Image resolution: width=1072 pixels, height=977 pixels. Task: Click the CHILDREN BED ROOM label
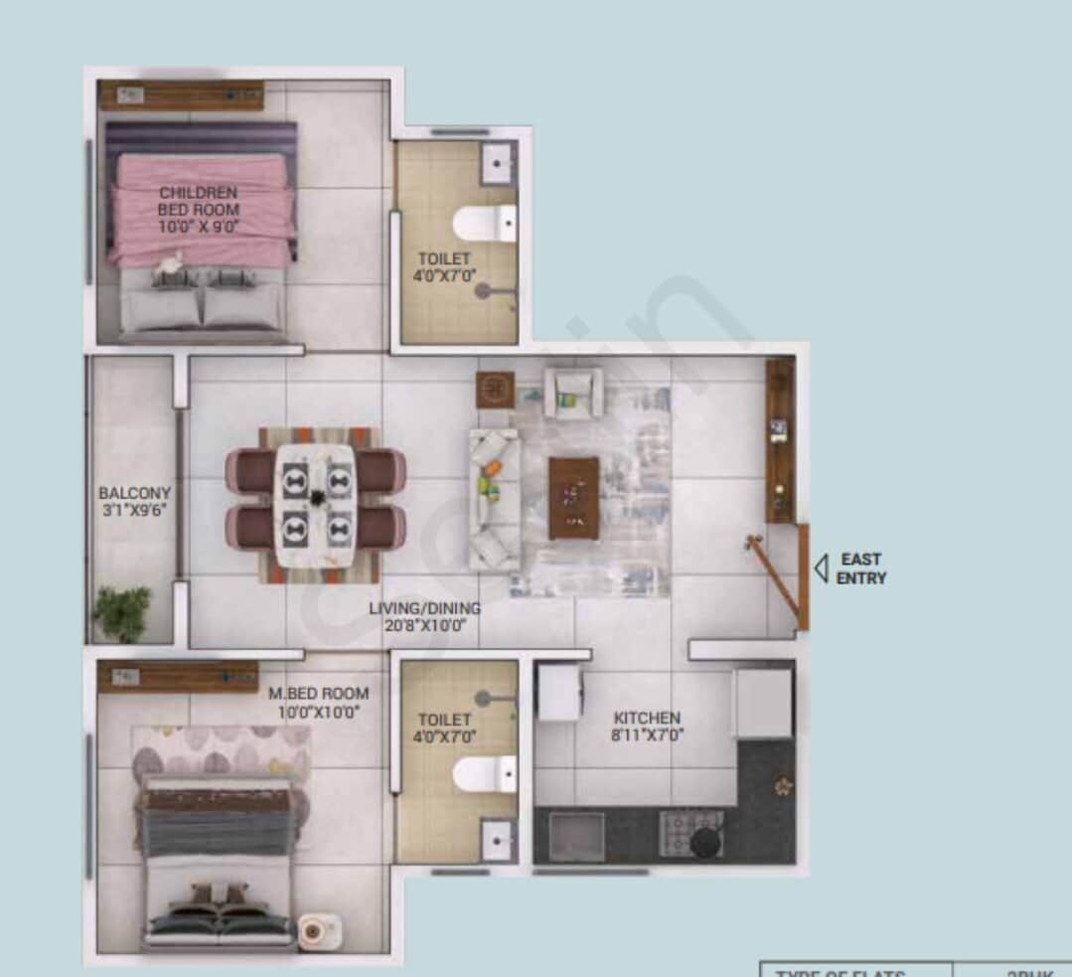pyautogui.click(x=199, y=209)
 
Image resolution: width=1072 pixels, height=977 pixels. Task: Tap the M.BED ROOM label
pyautogui.click(x=318, y=702)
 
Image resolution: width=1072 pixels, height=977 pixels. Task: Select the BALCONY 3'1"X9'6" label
pyautogui.click(x=134, y=501)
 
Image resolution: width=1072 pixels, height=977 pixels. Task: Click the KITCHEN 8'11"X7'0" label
pyautogui.click(x=647, y=727)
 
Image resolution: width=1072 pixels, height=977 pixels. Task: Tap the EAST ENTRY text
pyautogui.click(x=860, y=569)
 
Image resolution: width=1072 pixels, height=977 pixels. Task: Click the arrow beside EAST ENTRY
pyautogui.click(x=821, y=569)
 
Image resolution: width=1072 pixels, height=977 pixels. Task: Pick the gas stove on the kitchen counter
pyautogui.click(x=692, y=833)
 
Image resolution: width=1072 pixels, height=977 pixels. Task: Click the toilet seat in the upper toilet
pyautogui.click(x=486, y=224)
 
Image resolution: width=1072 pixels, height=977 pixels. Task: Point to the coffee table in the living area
pyautogui.click(x=573, y=497)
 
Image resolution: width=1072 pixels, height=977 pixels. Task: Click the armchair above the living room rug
pyautogui.click(x=573, y=392)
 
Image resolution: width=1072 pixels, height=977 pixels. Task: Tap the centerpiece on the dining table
pyautogui.click(x=316, y=497)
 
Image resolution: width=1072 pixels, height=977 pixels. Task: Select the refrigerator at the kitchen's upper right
pyautogui.click(x=764, y=703)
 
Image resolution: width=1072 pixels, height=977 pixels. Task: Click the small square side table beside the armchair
pyautogui.click(x=495, y=390)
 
